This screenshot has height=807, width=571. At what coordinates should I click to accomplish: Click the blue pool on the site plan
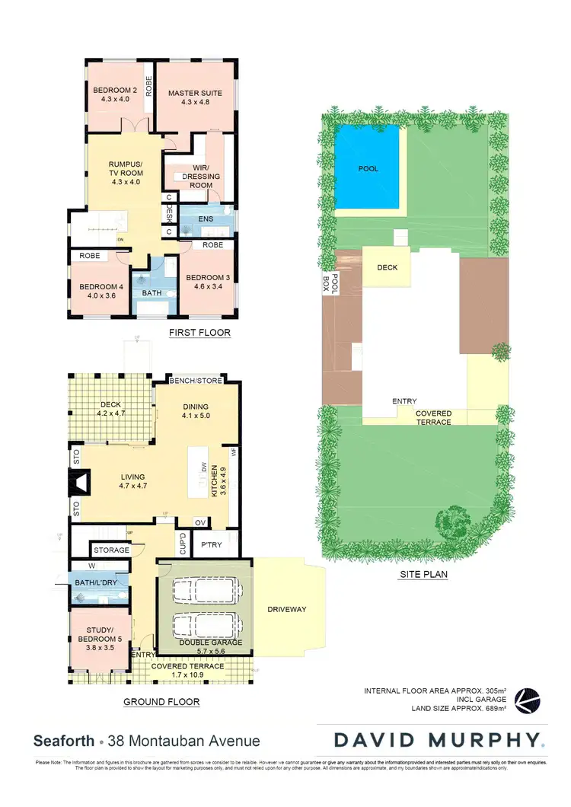368,168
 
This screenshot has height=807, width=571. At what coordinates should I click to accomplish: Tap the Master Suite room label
195,97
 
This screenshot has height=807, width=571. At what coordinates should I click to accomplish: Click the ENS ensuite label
206,218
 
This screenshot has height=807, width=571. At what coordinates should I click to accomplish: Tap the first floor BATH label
152,292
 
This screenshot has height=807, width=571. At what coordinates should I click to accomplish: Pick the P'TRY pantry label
211,545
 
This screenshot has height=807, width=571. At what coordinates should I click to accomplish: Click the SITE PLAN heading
423,575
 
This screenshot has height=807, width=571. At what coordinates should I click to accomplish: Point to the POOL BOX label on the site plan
325,285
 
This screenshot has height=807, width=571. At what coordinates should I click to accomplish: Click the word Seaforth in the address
64,741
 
